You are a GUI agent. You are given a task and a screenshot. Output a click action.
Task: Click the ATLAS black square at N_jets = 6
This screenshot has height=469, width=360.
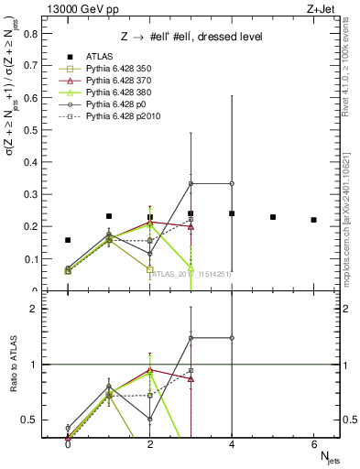coord(313,220)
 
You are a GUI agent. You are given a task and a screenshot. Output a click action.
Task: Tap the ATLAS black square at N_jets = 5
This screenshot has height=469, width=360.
coord(273,217)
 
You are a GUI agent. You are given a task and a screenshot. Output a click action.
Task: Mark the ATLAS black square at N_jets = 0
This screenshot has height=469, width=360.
coord(68,240)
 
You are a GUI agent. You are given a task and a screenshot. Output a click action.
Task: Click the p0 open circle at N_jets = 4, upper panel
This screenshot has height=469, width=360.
coord(232,183)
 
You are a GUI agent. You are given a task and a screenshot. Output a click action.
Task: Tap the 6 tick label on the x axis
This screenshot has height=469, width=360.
coord(313,444)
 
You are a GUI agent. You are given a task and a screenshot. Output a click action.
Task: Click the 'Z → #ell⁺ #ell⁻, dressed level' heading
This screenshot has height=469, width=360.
coord(192,37)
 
